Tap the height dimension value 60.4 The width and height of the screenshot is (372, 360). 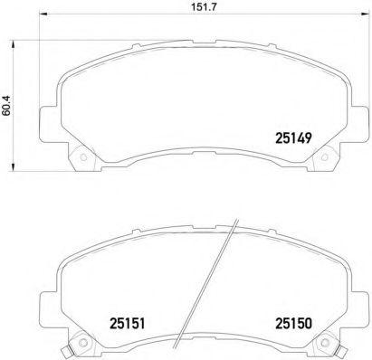click(7, 106)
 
